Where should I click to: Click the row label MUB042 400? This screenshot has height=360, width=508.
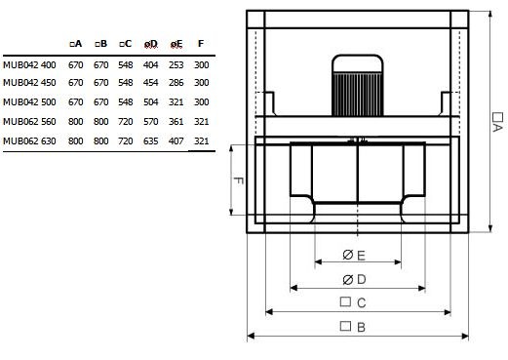point(30,64)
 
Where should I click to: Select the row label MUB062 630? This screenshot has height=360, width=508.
point(30,140)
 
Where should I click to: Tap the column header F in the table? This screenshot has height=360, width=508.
point(201,44)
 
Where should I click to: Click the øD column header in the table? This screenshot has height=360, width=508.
point(150,44)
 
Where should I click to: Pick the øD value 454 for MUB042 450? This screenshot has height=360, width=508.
point(150,83)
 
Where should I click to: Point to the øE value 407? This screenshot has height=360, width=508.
point(176,140)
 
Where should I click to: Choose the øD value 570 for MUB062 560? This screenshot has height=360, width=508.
point(150,121)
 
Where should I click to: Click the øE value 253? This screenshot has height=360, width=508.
point(176,64)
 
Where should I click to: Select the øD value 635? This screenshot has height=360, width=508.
point(150,140)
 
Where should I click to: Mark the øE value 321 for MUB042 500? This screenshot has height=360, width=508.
point(176,101)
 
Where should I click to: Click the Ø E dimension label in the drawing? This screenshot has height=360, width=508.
point(354,256)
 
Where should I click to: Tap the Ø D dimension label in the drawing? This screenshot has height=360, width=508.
point(354,280)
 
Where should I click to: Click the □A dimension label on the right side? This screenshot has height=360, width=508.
point(497,122)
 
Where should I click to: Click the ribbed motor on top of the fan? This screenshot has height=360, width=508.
point(359,97)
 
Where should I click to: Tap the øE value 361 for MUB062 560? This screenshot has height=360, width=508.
point(176,121)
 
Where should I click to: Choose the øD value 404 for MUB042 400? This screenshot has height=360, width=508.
point(150,64)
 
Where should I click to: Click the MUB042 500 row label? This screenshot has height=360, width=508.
point(30,101)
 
